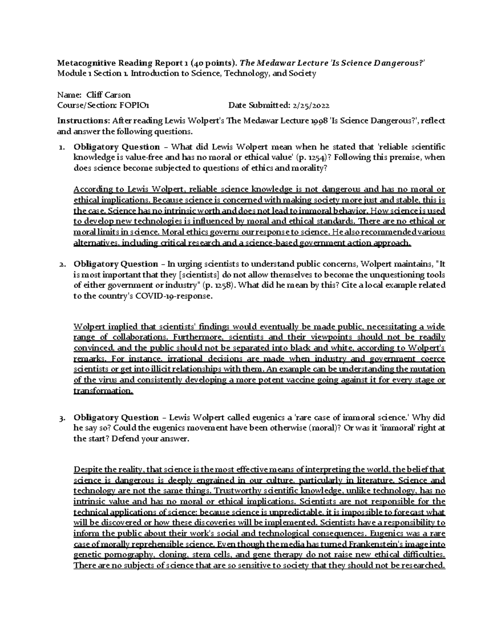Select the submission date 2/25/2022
(x=310, y=106)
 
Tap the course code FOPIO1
(x=134, y=106)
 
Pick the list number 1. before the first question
(x=62, y=147)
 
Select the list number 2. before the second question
(x=62, y=264)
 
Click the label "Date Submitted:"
(x=258, y=106)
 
